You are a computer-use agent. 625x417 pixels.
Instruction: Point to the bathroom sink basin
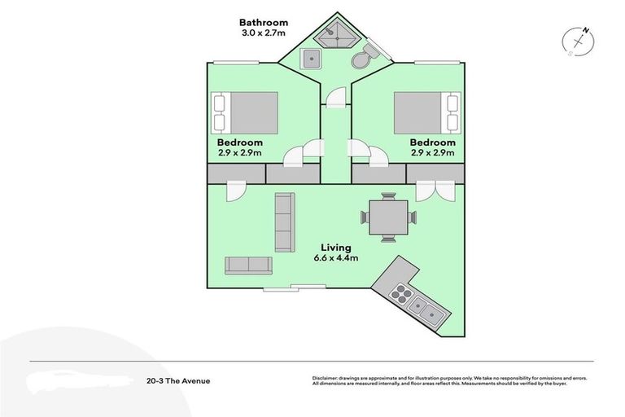coord(310,58)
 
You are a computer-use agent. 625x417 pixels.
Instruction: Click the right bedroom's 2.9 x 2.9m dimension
coord(431,153)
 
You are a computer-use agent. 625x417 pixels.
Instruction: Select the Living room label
coord(335,248)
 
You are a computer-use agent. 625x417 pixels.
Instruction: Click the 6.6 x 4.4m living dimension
coord(336,258)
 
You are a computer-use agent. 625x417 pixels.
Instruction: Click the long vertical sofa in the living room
coord(284,222)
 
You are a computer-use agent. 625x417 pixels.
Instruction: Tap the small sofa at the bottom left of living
coord(248,265)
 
